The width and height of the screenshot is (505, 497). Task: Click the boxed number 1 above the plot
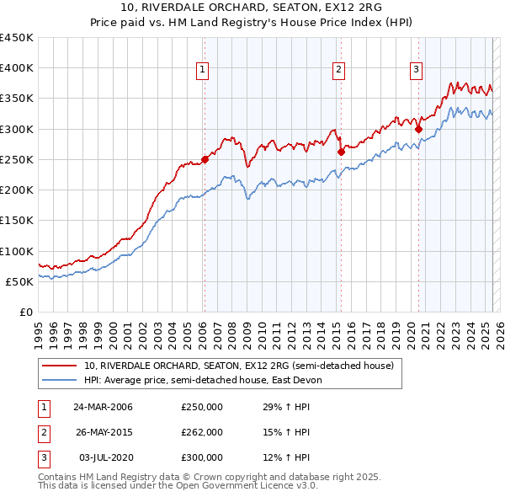(204, 70)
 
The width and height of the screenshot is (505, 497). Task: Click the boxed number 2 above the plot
(338, 70)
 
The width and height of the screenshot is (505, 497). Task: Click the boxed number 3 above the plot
(416, 70)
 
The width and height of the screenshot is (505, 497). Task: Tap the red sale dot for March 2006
(205, 159)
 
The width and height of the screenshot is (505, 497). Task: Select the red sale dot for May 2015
(341, 152)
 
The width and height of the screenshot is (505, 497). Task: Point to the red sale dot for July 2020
(418, 129)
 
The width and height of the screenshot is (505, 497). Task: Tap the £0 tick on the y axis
(25, 313)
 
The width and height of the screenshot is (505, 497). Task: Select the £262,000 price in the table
(202, 432)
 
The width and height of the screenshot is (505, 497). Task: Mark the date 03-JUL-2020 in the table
(104, 457)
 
